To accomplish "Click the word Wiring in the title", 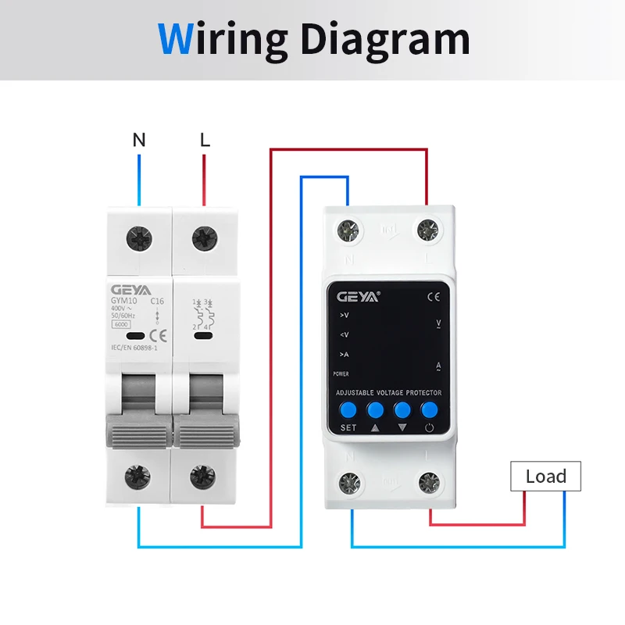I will pos(223,38).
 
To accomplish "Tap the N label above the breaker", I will pos(139,140).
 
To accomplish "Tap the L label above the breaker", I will pos(205,140).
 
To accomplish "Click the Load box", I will pos(545,476).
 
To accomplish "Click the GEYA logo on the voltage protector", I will pos(357,297).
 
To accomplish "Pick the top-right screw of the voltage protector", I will pos(427,230).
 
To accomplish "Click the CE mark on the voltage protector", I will pos(434,297).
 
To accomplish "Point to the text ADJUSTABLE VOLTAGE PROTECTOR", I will pos(388,392).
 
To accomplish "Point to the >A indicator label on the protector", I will pos(344,355).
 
